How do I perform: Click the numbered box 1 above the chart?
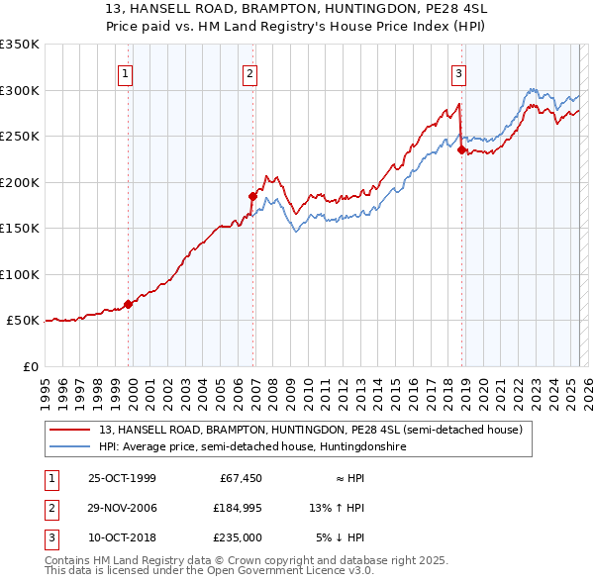(x=127, y=72)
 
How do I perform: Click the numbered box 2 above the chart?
(x=249, y=72)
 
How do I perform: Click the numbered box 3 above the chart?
(x=458, y=72)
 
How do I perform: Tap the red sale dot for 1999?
(x=129, y=304)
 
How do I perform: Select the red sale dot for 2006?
(x=252, y=196)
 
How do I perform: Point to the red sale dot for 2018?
(x=461, y=150)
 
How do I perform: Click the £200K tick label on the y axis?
(x=20, y=182)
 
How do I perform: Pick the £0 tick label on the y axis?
(x=31, y=366)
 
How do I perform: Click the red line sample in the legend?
(x=70, y=431)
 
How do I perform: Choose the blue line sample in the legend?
(x=70, y=446)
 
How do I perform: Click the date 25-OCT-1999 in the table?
(x=123, y=478)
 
